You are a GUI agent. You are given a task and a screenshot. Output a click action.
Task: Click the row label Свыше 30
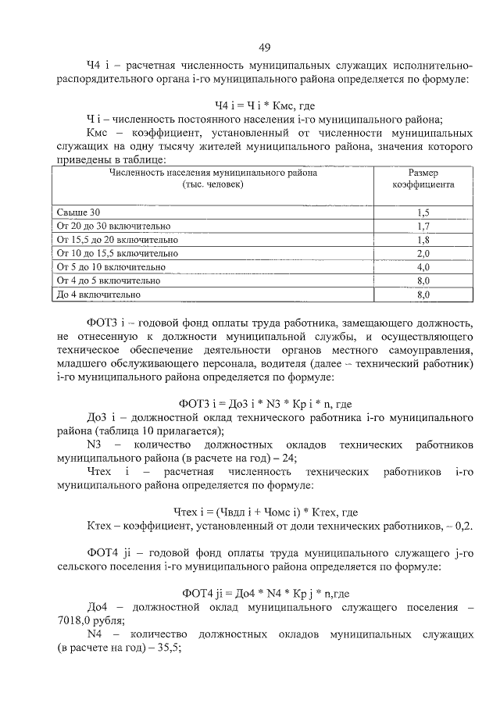(x=79, y=212)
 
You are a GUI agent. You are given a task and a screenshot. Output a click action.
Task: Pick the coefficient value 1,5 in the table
(x=423, y=212)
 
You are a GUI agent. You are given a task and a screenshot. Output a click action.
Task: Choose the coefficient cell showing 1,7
(x=423, y=227)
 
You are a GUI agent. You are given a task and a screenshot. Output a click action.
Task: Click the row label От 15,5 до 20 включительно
(x=118, y=240)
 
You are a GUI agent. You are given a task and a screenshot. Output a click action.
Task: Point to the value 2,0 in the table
(x=423, y=254)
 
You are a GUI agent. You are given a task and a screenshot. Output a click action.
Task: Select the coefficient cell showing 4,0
(x=423, y=267)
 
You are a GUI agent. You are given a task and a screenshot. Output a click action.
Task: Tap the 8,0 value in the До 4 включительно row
(x=423, y=295)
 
